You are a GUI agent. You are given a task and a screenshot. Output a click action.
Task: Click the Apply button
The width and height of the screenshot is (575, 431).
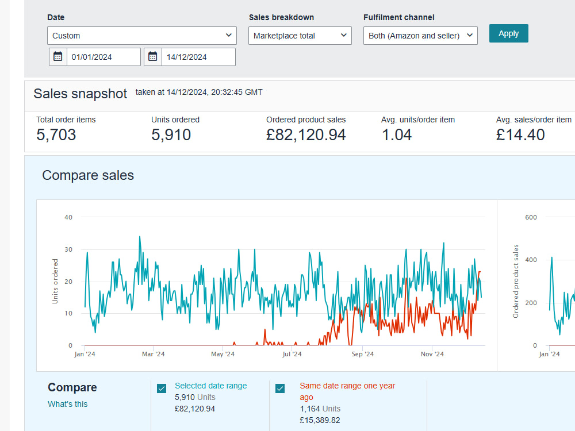pos(509,33)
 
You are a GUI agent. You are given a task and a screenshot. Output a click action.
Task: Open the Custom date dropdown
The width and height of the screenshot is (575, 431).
pos(142,36)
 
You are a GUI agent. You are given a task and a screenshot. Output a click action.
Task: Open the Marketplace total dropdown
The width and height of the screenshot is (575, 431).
pos(300,36)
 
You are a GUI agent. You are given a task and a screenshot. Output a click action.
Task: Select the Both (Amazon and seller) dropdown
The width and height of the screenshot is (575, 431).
pos(420,36)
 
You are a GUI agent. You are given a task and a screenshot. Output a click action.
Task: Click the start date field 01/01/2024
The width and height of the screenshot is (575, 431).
pos(103,57)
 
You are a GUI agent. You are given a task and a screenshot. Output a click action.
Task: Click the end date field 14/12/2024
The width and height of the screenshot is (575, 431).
pos(198,57)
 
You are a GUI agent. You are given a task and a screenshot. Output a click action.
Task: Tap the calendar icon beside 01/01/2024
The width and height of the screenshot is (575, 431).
pos(58,57)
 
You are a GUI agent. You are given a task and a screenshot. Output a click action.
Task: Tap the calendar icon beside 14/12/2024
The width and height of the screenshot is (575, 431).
pos(152,57)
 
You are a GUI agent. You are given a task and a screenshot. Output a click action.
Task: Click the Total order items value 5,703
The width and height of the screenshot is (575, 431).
pos(56,135)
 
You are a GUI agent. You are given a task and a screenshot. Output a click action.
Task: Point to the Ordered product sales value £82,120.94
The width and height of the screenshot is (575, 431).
pos(306,135)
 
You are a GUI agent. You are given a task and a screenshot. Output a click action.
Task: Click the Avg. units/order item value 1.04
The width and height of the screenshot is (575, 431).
pos(397,135)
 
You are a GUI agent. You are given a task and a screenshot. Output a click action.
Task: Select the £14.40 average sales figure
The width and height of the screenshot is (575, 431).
pos(520,135)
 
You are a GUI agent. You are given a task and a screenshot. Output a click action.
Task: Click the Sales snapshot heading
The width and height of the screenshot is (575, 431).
pos(80,94)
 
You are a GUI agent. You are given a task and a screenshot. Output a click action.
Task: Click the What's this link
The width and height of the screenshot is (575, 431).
pos(67,404)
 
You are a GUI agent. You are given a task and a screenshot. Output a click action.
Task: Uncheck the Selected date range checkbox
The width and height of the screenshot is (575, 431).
pos(162,388)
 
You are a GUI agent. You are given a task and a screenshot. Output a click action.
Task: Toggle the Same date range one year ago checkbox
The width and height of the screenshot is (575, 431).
pos(280,388)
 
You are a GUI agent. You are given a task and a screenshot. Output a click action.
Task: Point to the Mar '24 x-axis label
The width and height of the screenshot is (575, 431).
pos(154,354)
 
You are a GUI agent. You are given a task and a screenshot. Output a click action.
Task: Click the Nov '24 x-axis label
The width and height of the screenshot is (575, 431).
pos(432,354)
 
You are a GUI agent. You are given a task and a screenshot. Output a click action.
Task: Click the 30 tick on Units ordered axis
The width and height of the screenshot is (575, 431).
pos(68,249)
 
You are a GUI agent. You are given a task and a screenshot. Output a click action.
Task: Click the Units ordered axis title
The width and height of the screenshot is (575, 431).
pos(55,281)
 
